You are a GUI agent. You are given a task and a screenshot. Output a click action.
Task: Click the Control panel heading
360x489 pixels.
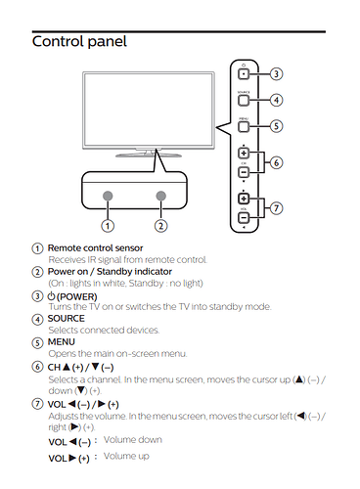click(x=79, y=42)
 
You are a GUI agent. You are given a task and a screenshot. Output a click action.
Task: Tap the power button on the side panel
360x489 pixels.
click(x=244, y=74)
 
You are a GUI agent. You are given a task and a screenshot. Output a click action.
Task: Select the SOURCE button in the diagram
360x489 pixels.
click(x=244, y=101)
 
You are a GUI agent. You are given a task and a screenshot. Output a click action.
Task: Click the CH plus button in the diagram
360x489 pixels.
click(x=244, y=153)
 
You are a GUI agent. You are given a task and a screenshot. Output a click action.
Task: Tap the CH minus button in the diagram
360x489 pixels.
click(x=244, y=172)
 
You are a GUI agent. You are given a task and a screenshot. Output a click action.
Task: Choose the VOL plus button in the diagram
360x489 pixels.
click(x=244, y=198)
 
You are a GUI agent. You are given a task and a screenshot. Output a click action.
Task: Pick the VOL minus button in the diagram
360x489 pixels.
click(x=244, y=217)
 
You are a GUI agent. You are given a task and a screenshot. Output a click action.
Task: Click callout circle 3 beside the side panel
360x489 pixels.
click(x=276, y=74)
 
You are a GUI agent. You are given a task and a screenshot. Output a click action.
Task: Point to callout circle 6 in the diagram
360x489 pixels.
click(x=276, y=162)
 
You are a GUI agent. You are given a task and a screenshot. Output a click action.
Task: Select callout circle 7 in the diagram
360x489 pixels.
click(x=276, y=208)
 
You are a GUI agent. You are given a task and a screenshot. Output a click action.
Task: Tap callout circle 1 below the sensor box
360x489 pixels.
click(x=108, y=226)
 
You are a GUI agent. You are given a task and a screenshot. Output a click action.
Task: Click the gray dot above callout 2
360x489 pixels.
click(x=160, y=196)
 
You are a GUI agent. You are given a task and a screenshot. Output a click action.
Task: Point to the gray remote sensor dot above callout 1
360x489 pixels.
click(x=108, y=196)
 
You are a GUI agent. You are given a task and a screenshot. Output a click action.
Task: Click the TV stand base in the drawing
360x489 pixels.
click(x=149, y=156)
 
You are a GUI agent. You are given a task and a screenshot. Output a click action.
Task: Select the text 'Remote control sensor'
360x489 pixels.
click(x=95, y=248)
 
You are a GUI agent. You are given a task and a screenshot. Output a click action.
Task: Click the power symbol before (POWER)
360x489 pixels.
click(x=52, y=296)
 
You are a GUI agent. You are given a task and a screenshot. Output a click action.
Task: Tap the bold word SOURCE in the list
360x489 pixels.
click(x=67, y=319)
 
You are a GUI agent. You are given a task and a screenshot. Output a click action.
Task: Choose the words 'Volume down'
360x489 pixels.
click(x=133, y=440)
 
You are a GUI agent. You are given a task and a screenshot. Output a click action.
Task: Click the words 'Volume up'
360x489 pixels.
click(x=126, y=456)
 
